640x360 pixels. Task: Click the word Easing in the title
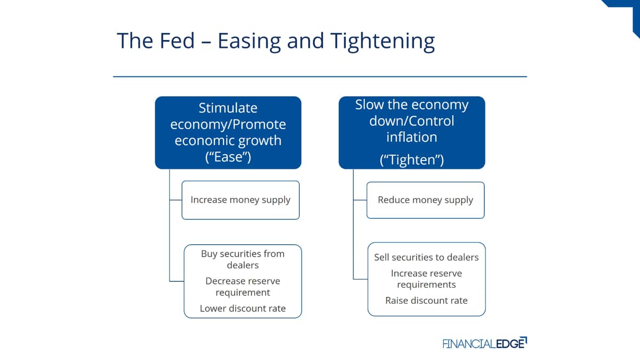click(250, 42)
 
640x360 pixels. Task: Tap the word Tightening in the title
click(383, 42)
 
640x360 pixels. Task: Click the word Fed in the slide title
click(177, 41)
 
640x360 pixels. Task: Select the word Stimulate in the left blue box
click(228, 108)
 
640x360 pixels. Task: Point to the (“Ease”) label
click(228, 157)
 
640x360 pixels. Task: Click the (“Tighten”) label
click(412, 159)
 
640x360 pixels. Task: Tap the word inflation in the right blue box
click(412, 137)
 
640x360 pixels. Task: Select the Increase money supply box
click(241, 200)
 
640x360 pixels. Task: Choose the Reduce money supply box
click(426, 200)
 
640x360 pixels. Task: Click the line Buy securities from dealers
click(243, 259)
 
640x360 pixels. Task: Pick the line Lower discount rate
click(243, 308)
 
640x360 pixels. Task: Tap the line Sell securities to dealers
click(426, 258)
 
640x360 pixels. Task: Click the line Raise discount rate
click(426, 301)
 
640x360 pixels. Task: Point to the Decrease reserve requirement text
click(243, 287)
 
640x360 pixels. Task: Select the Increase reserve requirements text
click(426, 279)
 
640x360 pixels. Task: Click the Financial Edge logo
click(485, 343)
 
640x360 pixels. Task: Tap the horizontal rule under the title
click(320, 77)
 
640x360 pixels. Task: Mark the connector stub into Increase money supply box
click(175, 200)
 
